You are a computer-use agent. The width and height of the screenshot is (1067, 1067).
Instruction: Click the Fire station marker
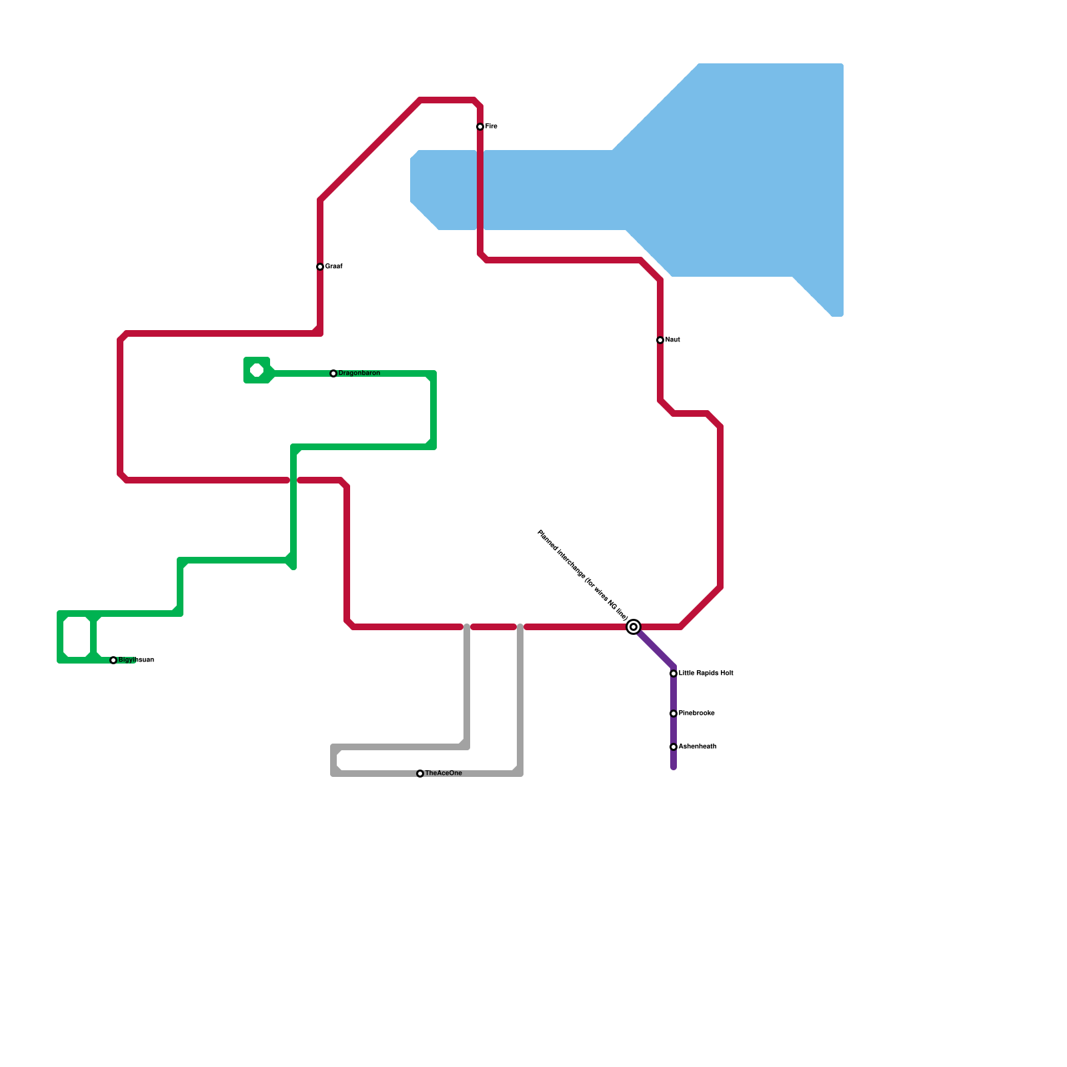[480, 127]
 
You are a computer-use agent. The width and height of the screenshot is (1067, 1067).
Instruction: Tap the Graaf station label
[333, 267]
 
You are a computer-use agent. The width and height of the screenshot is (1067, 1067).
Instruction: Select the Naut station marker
[660, 340]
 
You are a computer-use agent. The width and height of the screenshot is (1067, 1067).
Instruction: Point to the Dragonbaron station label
[359, 373]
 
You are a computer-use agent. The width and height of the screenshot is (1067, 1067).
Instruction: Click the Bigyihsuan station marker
[113, 660]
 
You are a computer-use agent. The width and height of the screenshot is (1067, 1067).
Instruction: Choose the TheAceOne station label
[443, 774]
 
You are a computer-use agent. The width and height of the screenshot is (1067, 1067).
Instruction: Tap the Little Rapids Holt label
[706, 674]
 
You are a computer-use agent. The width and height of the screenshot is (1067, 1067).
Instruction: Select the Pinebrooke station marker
[674, 714]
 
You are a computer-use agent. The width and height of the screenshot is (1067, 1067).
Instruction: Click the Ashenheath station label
[697, 747]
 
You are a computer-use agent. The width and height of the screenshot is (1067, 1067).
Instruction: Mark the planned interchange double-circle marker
[634, 627]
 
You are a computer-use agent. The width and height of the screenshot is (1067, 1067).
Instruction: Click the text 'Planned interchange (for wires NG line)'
[583, 575]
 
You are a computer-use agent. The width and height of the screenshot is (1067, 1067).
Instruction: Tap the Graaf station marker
[320, 267]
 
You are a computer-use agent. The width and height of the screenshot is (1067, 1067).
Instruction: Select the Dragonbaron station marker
[333, 373]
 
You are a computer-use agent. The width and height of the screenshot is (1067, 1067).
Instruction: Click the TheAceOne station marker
[420, 774]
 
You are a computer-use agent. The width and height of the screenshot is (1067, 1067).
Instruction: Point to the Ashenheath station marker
[674, 747]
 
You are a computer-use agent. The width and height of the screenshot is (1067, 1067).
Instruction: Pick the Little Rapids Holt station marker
[674, 674]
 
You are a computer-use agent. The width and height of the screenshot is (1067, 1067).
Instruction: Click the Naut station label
[672, 340]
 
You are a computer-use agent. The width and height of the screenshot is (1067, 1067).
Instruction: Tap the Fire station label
[491, 127]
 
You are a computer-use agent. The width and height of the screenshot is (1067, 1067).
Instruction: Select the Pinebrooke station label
[696, 714]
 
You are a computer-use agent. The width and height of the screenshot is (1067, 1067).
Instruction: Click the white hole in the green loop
[257, 370]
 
